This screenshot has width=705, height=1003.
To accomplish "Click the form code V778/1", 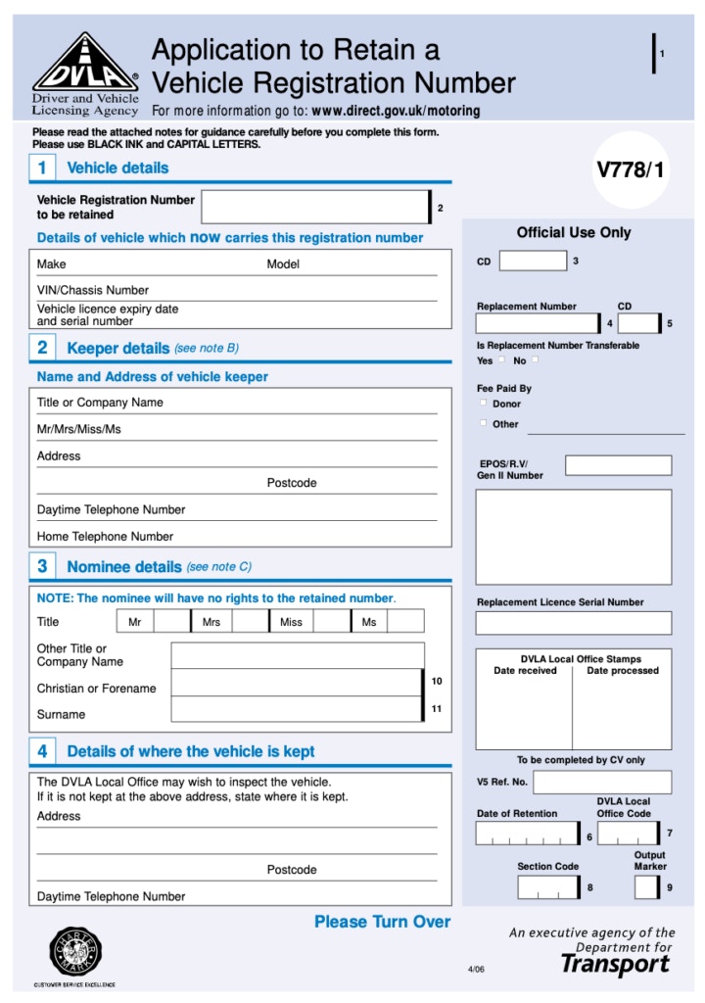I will tap(630, 169).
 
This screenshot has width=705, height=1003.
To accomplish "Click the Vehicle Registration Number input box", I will tap(315, 207).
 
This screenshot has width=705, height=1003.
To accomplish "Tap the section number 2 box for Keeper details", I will tap(42, 348).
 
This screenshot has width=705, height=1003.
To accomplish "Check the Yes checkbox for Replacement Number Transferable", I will tap(502, 359).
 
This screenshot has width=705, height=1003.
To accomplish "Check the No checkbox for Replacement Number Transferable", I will tap(535, 359).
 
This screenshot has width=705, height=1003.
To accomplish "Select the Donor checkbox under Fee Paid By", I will tap(483, 403).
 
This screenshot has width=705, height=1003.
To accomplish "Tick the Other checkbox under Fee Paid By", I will tap(483, 423).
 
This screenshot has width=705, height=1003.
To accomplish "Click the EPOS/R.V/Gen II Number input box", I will tap(618, 465).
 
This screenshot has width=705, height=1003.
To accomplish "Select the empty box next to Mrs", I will tap(250, 621).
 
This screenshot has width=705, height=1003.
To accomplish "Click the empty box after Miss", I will tap(331, 621).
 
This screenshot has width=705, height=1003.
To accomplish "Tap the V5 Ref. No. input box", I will tap(602, 782).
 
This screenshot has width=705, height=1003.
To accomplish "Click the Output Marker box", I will tap(646, 887).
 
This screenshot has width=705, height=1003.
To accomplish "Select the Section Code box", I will tap(547, 887).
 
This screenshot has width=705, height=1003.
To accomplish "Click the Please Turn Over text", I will tap(382, 922).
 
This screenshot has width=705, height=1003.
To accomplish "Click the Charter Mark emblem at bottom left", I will tap(75, 951).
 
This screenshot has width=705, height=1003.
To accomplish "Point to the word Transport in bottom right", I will tap(615, 965).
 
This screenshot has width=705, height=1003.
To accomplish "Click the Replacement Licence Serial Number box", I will tap(574, 623).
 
